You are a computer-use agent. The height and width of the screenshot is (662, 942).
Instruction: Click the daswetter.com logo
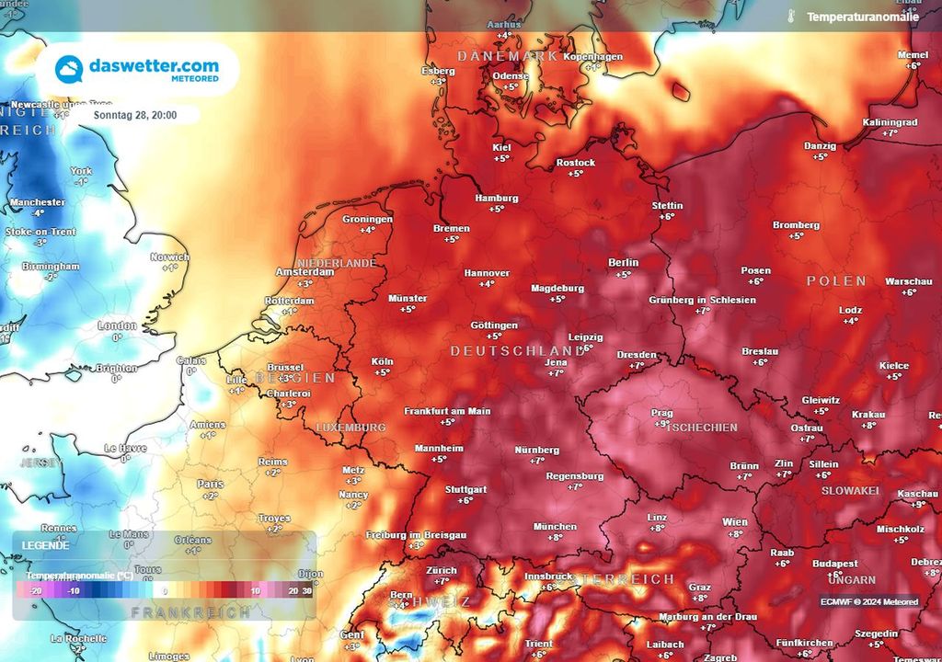138,70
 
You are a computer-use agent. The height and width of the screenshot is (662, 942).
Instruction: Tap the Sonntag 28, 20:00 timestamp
134,115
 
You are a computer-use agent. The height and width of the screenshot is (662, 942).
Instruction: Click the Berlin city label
624,263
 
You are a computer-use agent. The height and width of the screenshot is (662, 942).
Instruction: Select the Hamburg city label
496,199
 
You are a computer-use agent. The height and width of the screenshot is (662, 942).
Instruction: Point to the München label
555,527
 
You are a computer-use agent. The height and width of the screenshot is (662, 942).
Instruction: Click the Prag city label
661,414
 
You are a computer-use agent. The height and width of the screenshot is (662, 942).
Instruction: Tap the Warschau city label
907,281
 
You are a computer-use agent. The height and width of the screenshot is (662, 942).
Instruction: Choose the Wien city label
734,522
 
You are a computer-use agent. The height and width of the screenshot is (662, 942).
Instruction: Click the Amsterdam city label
304,273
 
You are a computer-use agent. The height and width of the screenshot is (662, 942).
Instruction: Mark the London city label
117,326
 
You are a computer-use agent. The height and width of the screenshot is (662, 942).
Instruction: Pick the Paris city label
210,484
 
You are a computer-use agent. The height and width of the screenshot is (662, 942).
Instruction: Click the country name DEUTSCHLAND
516,352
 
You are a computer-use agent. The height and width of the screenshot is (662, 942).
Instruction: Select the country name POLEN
836,280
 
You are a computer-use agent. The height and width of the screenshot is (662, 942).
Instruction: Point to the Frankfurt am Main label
447,411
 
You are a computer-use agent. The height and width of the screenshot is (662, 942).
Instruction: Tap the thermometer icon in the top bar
790,16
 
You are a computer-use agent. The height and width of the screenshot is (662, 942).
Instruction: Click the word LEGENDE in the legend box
45,544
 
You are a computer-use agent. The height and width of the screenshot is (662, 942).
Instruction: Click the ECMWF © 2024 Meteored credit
869,601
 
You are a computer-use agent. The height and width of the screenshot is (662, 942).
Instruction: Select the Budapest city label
835,564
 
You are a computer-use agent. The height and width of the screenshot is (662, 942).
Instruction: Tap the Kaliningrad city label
890,122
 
